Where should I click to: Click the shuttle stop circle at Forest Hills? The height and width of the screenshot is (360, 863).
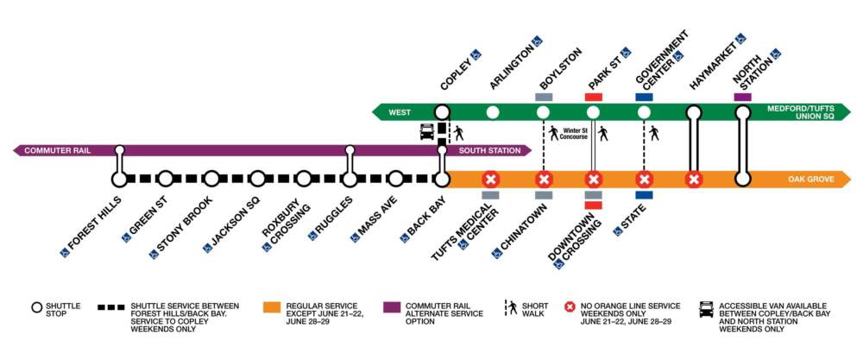pos(119,180)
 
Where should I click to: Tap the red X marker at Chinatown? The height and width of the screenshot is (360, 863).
pos(543,180)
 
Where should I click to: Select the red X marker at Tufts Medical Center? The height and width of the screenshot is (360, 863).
pos(491,180)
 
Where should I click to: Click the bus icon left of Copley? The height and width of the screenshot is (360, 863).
pos(427,132)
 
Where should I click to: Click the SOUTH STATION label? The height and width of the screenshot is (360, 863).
pos(484,150)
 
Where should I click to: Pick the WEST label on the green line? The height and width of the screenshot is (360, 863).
pos(400,111)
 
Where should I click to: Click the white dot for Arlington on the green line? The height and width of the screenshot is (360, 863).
pos(492,111)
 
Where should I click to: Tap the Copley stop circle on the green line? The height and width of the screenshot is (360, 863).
pos(442,111)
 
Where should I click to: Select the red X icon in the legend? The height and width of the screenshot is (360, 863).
pos(569,307)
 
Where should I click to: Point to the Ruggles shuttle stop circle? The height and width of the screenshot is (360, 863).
pos(350,180)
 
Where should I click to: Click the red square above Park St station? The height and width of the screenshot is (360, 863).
pos(593,97)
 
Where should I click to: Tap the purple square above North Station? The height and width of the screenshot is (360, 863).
pos(742,97)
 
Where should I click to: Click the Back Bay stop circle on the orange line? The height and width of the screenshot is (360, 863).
pos(442,180)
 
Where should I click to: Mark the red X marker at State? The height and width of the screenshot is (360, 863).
pos(644,180)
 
